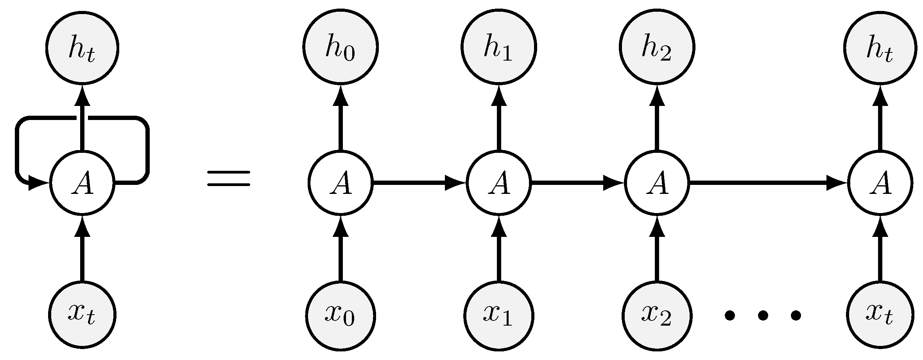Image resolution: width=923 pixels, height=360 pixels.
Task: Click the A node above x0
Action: click(x=340, y=183)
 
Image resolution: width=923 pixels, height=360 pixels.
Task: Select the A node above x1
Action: click(x=498, y=183)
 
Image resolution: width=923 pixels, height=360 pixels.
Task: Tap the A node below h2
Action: click(x=657, y=183)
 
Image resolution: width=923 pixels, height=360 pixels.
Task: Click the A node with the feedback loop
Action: click(x=82, y=183)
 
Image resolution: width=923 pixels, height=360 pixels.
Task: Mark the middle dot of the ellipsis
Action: click(x=762, y=315)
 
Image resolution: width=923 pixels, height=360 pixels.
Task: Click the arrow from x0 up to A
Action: click(x=340, y=250)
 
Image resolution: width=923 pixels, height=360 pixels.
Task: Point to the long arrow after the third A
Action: click(x=766, y=183)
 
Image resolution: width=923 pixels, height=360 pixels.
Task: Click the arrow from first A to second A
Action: click(x=418, y=183)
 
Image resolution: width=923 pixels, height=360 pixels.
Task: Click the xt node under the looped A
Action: click(x=82, y=315)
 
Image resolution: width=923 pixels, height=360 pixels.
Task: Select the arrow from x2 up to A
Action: click(x=657, y=250)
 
